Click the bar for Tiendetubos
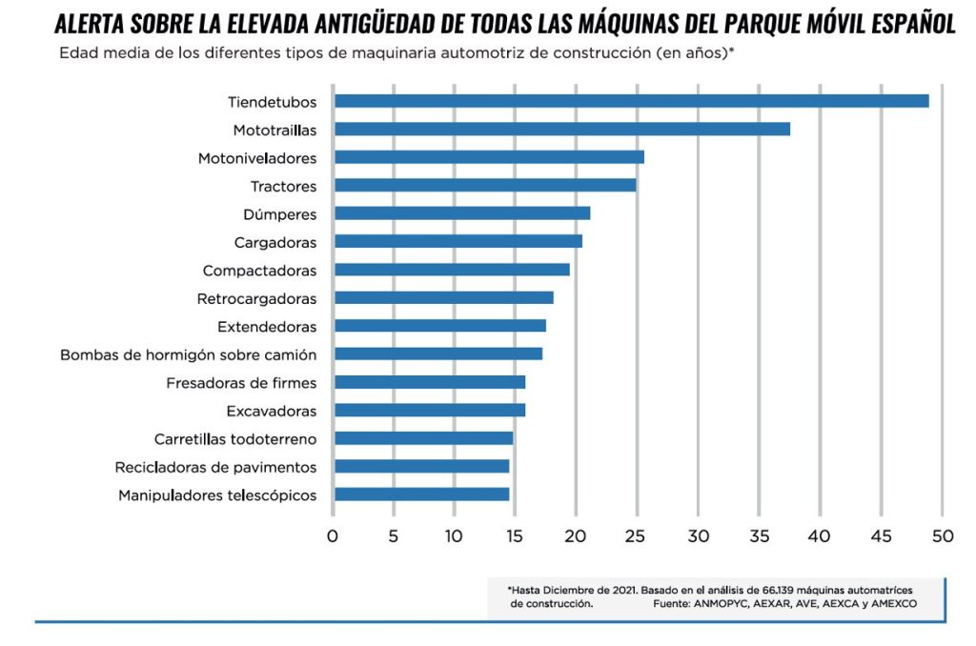(631, 101)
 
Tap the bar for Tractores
(485, 186)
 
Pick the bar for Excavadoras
(430, 411)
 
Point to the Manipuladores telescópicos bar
(422, 495)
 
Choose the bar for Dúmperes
(462, 213)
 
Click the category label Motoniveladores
(257, 158)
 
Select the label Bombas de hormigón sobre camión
(189, 354)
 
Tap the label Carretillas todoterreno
(235, 439)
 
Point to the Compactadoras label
(259, 271)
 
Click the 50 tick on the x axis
(943, 536)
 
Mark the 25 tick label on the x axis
(637, 536)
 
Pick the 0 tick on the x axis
(333, 536)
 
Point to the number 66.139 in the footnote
(780, 590)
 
